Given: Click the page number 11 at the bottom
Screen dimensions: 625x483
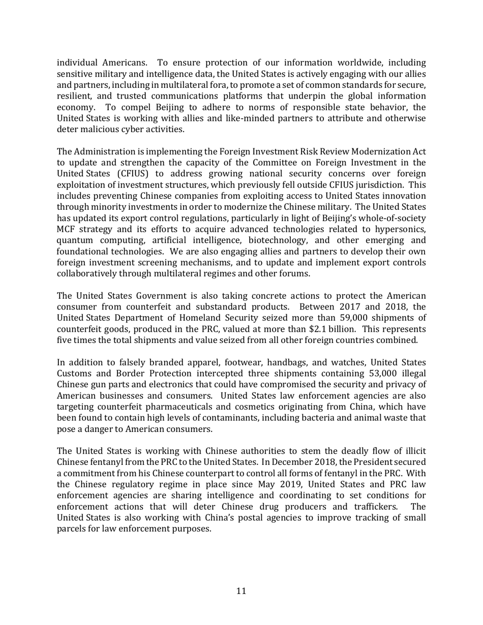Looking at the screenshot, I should coord(242,591).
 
